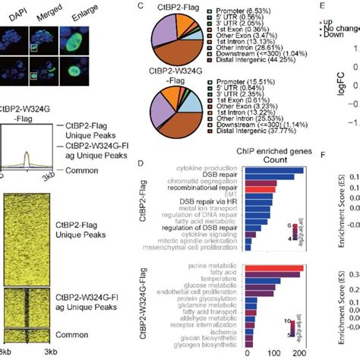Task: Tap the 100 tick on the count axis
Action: (276, 355)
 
